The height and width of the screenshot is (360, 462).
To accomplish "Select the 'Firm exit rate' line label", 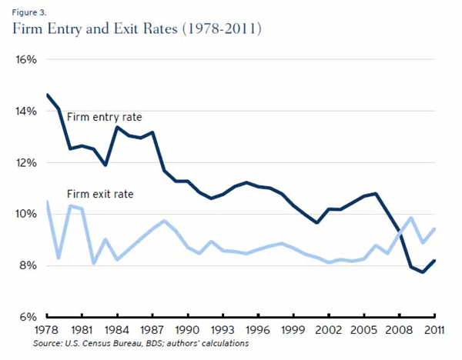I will [100, 195].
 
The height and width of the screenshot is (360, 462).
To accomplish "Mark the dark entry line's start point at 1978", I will [48, 95].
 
